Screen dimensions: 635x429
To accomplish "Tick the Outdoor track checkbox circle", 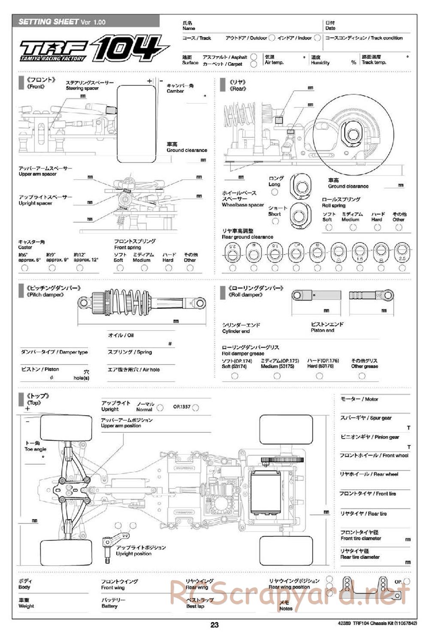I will (x=271, y=38).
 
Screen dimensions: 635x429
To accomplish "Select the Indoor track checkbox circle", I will (x=317, y=38).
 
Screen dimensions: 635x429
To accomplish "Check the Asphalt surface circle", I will (x=254, y=57).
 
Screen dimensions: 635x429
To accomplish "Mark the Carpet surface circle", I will (x=254, y=64).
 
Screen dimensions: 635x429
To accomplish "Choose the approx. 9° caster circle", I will (x=52, y=268).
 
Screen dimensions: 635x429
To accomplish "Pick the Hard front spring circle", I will (x=169, y=268).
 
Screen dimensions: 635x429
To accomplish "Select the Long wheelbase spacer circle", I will (x=275, y=192).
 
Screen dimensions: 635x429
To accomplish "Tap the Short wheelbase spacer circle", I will (x=275, y=221).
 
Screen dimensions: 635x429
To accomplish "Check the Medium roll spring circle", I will (x=353, y=228).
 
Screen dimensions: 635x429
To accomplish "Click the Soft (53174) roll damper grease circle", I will (x=235, y=376).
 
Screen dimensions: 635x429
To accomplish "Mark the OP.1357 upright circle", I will (x=196, y=407).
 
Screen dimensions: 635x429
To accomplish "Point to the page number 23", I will (x=214, y=625).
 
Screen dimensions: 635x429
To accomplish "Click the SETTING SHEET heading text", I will (x=48, y=21).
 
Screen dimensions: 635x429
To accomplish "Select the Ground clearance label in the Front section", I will (x=187, y=150).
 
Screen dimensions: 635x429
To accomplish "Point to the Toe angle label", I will (x=36, y=449).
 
